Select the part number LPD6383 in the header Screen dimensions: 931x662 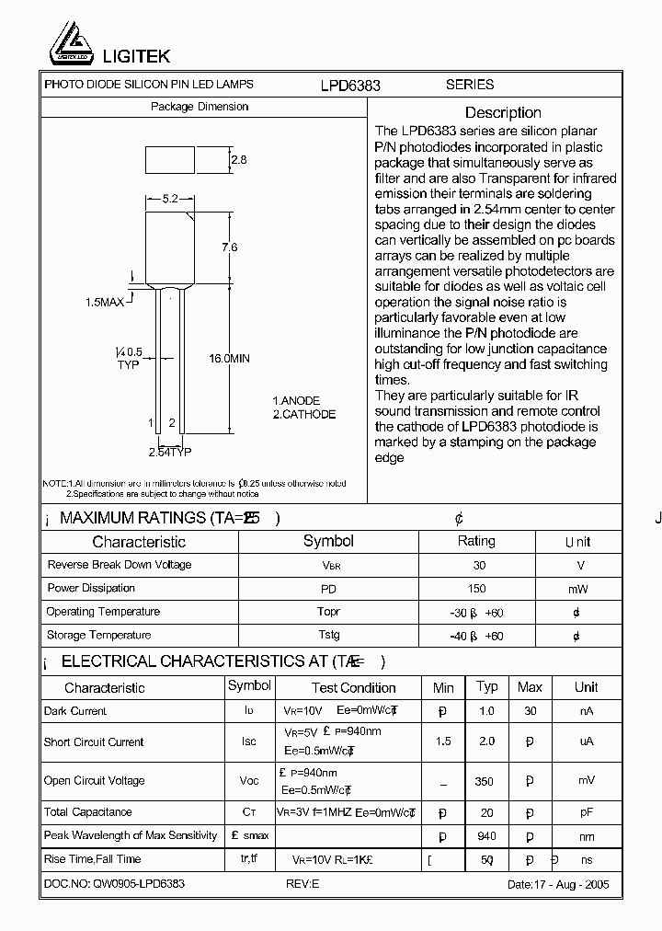click(x=350, y=85)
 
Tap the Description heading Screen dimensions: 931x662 click(x=503, y=112)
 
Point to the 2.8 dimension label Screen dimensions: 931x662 click(x=239, y=160)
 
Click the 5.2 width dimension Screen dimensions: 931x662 click(x=170, y=199)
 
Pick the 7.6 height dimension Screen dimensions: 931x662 click(x=230, y=247)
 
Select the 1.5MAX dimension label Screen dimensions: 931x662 click(x=105, y=302)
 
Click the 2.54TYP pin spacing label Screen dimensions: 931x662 click(x=170, y=452)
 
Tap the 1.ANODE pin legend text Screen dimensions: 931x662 click(x=296, y=401)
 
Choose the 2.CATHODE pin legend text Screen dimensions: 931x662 click(x=304, y=415)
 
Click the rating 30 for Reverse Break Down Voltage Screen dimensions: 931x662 click(x=478, y=565)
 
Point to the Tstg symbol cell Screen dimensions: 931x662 click(x=328, y=635)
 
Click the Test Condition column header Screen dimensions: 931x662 click(x=353, y=687)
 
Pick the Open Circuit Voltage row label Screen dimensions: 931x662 click(x=95, y=781)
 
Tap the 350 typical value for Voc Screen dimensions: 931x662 click(x=484, y=782)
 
